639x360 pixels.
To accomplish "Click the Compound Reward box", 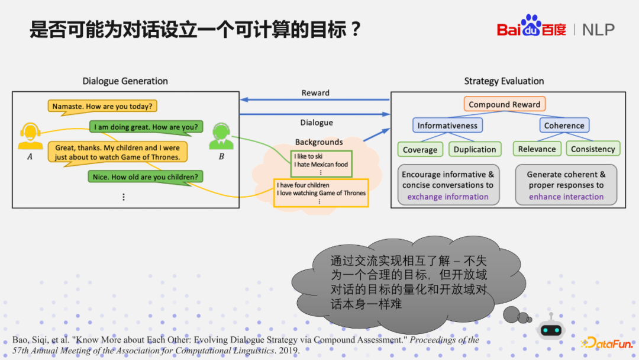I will (x=504, y=104).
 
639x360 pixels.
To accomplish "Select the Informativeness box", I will (x=447, y=126).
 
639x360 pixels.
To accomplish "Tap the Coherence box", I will (x=564, y=126).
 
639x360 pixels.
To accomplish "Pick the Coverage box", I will (x=420, y=149).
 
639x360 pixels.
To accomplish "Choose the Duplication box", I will (x=475, y=149).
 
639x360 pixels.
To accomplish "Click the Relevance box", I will (x=537, y=149).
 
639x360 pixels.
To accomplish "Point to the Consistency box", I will (x=592, y=149).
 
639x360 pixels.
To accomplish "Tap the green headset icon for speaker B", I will (x=221, y=136).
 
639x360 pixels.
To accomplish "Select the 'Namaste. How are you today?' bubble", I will (x=102, y=107).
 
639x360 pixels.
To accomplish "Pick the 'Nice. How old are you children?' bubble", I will (x=146, y=176).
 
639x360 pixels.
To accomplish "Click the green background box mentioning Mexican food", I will (x=321, y=163).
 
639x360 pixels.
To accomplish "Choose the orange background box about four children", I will (x=321, y=192).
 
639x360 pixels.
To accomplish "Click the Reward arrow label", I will (x=315, y=93).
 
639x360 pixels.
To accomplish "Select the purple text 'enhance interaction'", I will (x=566, y=197).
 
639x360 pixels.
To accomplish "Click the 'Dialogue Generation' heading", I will (x=125, y=81).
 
